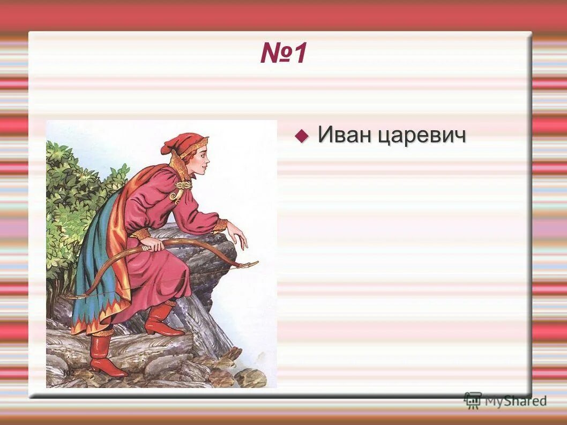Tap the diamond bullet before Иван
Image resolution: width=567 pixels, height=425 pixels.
tap(302, 135)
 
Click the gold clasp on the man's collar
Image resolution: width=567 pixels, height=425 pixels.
tap(183, 185)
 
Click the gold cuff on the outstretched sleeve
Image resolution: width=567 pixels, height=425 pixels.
tap(220, 225)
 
